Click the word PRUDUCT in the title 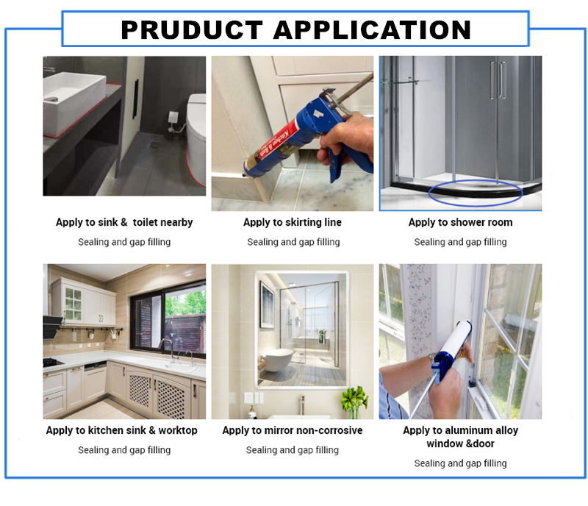(192, 29)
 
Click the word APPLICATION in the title (372, 29)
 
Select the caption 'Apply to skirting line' (293, 222)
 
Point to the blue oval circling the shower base (475, 193)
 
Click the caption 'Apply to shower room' (461, 222)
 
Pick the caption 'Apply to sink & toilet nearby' (124, 222)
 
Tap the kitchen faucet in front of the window (168, 350)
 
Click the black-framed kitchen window (168, 318)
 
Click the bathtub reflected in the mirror (278, 360)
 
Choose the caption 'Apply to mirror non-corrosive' (293, 430)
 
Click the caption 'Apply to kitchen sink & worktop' (121, 430)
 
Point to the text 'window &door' (461, 443)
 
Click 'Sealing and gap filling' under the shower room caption (461, 242)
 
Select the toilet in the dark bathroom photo (196, 140)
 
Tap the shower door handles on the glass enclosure (498, 80)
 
